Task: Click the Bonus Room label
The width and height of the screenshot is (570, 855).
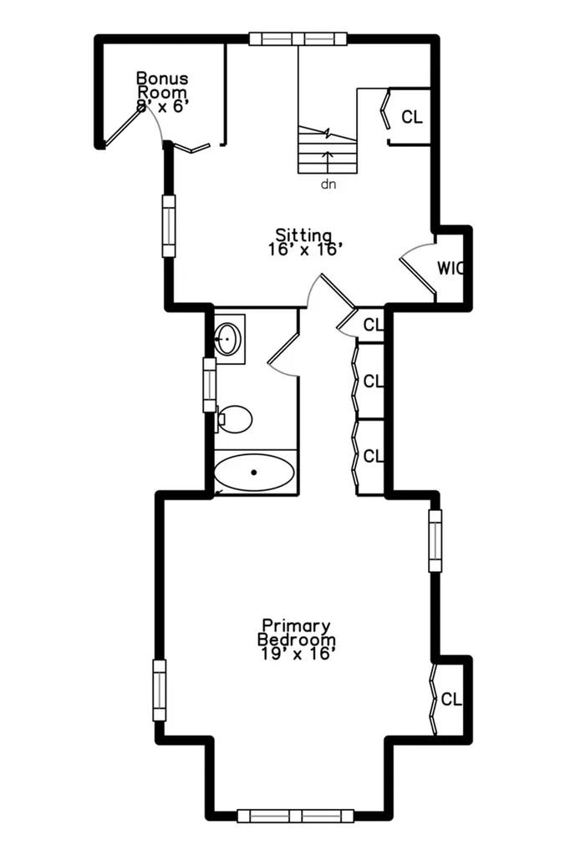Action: (x=162, y=92)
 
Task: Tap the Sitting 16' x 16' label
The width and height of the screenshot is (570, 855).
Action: (x=305, y=243)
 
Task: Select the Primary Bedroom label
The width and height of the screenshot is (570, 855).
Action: (x=296, y=639)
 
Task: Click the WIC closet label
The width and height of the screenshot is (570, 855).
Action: (x=450, y=268)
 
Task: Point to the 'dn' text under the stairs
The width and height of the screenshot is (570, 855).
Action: (x=328, y=185)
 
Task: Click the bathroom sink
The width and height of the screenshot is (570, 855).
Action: (x=227, y=339)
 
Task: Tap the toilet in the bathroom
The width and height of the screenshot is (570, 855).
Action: (x=234, y=419)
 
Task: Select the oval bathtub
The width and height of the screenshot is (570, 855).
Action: (x=254, y=473)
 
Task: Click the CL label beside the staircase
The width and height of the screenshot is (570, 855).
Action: (x=412, y=117)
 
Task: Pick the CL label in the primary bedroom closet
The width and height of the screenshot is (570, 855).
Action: (x=451, y=699)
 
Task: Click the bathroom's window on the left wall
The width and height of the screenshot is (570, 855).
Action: (x=210, y=384)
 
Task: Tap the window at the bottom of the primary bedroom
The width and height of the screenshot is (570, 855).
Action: (x=295, y=816)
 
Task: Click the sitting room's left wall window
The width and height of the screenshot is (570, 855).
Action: (x=170, y=225)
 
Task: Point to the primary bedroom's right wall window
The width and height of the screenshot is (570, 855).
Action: (x=435, y=540)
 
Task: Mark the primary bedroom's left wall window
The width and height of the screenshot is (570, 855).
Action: (x=159, y=691)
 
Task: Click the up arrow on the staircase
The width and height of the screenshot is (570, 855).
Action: (x=328, y=162)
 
